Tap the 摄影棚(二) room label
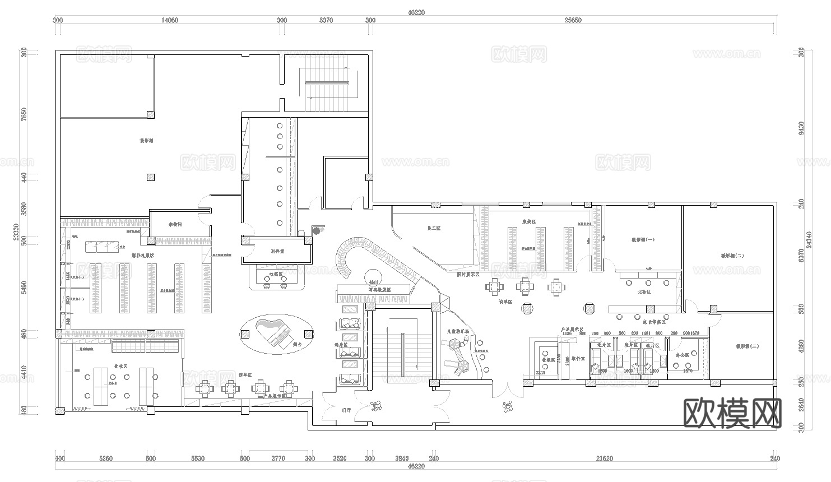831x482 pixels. [x=732, y=256]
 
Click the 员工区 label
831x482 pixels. [x=434, y=228]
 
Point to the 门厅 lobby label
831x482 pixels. [x=346, y=410]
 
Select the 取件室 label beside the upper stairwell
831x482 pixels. [x=277, y=252]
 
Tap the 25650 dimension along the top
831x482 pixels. [x=573, y=20]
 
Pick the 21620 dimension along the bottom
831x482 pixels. [x=604, y=458]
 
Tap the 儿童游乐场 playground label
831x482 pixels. [x=458, y=331]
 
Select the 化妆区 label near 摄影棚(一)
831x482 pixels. [x=644, y=292]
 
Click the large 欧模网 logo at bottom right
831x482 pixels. [x=733, y=413]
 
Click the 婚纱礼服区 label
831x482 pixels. [x=143, y=256]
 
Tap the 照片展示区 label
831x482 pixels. [x=468, y=275]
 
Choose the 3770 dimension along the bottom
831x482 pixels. [x=278, y=458]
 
